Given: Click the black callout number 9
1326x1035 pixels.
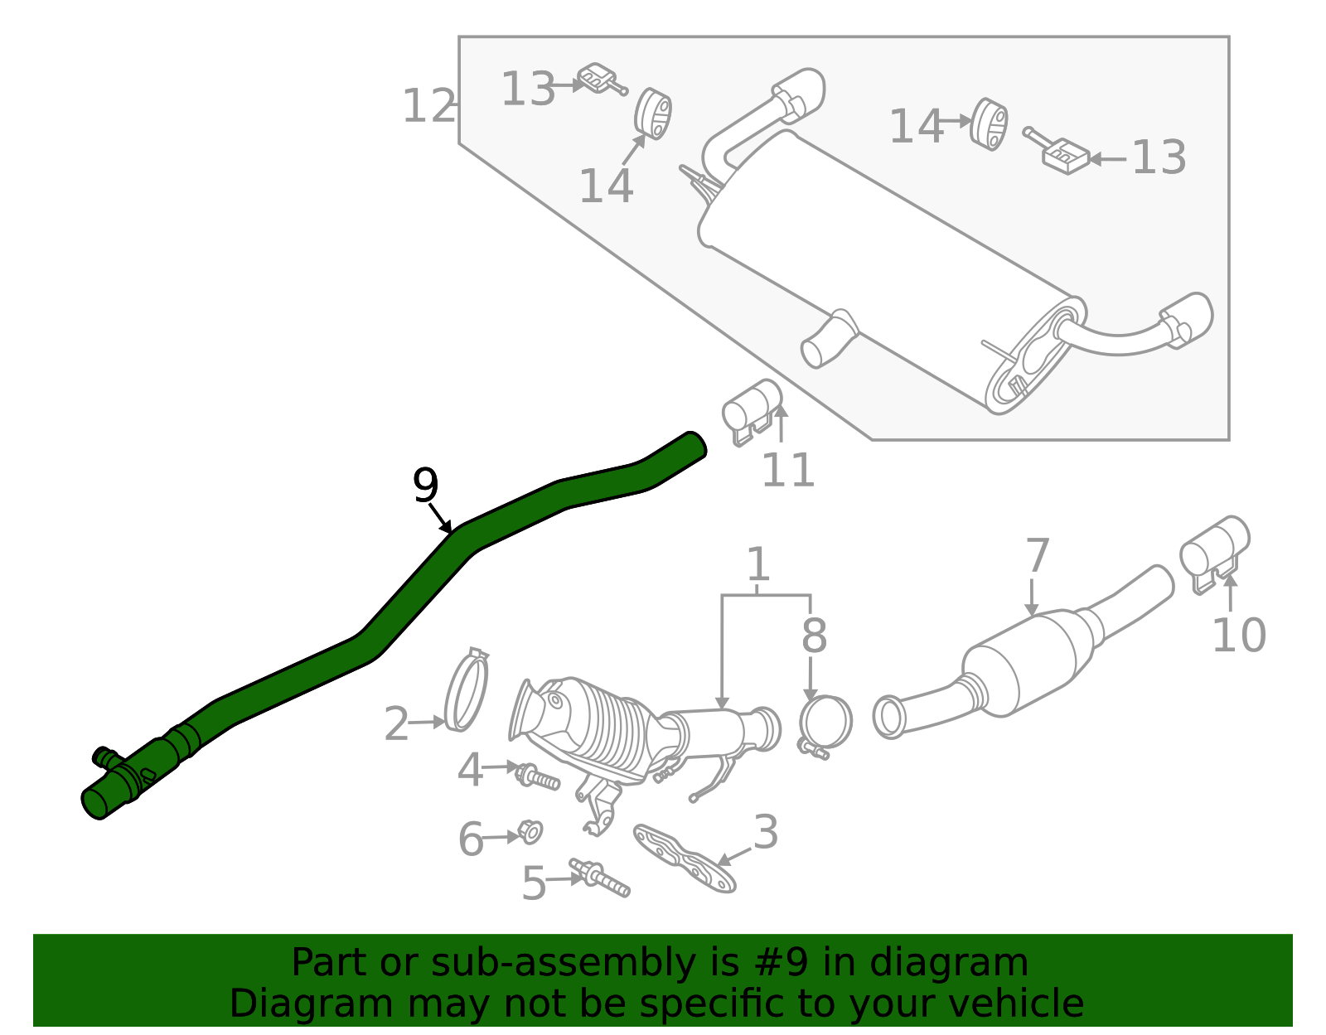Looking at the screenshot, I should coord(425,486).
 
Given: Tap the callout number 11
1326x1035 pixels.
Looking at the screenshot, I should coord(787,471).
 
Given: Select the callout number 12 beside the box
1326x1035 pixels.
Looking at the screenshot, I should coord(428,107).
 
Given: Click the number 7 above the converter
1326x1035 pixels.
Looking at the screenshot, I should coord(1037,556).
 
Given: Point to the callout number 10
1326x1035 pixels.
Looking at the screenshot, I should coord(1238,636).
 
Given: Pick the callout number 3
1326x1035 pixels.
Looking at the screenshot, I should coord(766,832).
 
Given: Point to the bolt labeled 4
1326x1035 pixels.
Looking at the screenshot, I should coord(537,777).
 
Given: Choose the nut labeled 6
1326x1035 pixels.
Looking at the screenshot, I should coord(529,831).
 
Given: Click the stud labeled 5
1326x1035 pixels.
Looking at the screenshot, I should coord(600,878).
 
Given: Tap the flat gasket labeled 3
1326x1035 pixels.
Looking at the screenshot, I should coord(685,858).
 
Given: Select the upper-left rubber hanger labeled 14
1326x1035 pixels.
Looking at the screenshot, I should coord(653,114).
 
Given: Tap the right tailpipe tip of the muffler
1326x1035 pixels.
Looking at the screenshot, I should coord(1190,317).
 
